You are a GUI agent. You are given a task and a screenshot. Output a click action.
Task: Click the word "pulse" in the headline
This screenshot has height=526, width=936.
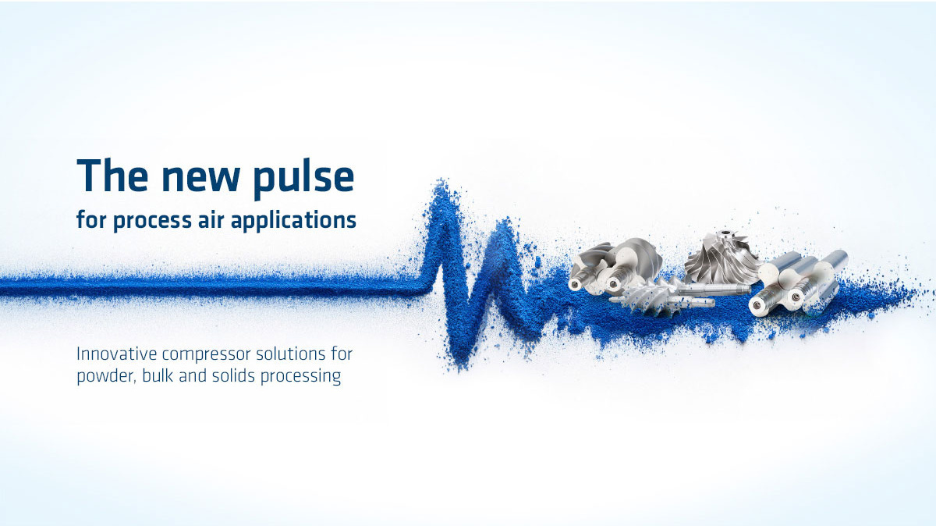[304, 178]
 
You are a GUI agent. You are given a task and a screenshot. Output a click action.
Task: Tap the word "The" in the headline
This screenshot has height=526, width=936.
[112, 175]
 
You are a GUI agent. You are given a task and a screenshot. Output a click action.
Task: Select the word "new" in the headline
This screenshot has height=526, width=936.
[200, 179]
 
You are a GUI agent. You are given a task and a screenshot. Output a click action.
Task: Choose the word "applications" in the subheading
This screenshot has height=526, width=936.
[293, 220]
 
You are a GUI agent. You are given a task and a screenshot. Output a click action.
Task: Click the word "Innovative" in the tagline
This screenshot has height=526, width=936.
[116, 354]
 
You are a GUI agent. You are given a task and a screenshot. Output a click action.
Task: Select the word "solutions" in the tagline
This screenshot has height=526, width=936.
[291, 354]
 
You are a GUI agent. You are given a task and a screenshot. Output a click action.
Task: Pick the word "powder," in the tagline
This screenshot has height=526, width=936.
[107, 376]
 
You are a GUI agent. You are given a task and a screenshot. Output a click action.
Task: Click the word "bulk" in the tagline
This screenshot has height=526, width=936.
[158, 375]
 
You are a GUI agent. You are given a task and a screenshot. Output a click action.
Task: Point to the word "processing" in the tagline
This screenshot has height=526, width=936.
[300, 377]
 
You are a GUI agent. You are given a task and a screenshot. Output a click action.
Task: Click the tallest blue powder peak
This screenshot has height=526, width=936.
[441, 185]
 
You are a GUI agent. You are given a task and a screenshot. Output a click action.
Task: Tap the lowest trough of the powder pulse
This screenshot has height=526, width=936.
[461, 364]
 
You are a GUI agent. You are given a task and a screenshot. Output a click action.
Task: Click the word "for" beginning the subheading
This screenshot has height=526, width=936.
[91, 219]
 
